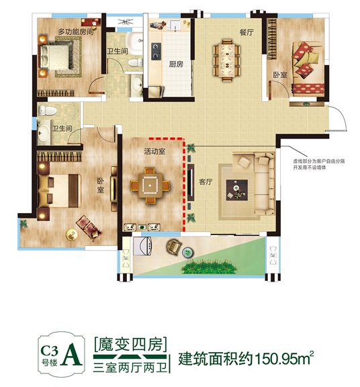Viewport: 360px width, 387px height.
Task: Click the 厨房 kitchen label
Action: pos(176,64)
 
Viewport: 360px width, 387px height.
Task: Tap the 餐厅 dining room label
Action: pos(246,32)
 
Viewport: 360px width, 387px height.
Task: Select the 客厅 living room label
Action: pos(206,182)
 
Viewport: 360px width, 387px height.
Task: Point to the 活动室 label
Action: pos(154,151)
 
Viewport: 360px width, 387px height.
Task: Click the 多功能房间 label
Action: pos(77,32)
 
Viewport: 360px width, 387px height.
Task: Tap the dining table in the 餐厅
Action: pos(226,60)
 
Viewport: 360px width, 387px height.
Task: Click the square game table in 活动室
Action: pos(150,185)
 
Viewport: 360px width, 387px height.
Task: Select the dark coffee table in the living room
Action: pos(237,190)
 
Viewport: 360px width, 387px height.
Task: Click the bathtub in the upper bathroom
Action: pos(134,44)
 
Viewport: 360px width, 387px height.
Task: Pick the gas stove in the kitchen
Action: pos(156,51)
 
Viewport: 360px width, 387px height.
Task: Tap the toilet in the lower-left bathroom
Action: pos(48,110)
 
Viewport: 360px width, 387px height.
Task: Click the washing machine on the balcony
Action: pos(142,246)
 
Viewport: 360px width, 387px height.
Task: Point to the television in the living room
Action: pos(191,182)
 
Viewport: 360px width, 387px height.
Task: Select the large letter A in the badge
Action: pos(72,353)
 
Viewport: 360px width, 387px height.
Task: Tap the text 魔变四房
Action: pos(131,344)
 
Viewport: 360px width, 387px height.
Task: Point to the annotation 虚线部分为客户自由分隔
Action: pos(318,161)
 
